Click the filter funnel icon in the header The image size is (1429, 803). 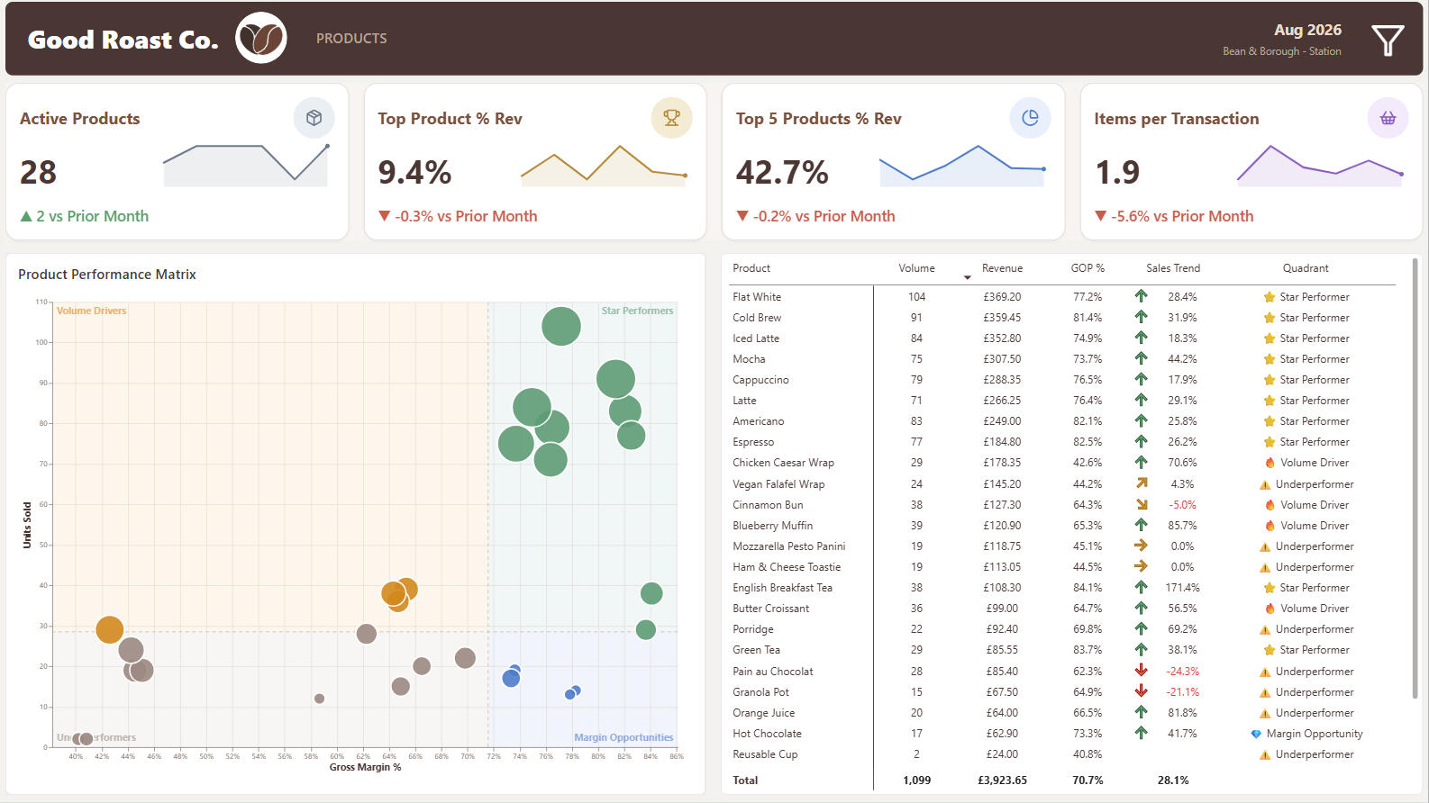(x=1388, y=41)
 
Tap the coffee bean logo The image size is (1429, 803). (x=261, y=38)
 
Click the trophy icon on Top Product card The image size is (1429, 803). (x=671, y=118)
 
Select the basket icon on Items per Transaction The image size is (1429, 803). (x=1388, y=118)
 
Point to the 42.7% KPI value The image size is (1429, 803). (x=782, y=172)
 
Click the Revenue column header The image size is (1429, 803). (x=1002, y=268)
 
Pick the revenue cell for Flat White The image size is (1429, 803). (x=1002, y=297)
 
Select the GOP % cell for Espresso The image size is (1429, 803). (x=1087, y=442)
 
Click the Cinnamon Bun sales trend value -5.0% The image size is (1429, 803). (x=1182, y=505)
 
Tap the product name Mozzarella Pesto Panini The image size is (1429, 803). (x=788, y=546)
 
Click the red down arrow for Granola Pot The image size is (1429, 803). (x=1141, y=690)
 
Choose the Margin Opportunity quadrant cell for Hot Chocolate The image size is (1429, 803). (x=1307, y=734)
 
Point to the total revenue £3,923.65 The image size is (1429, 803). (x=1002, y=780)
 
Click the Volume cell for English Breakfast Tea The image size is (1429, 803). (x=916, y=588)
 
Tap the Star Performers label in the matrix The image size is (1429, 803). (x=637, y=311)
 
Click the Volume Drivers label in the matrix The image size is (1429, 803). (x=91, y=311)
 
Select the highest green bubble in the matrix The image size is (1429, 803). (x=560, y=326)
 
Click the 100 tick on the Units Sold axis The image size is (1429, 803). (x=41, y=342)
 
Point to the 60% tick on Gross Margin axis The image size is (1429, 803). (x=337, y=756)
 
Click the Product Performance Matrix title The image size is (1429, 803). (x=106, y=274)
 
